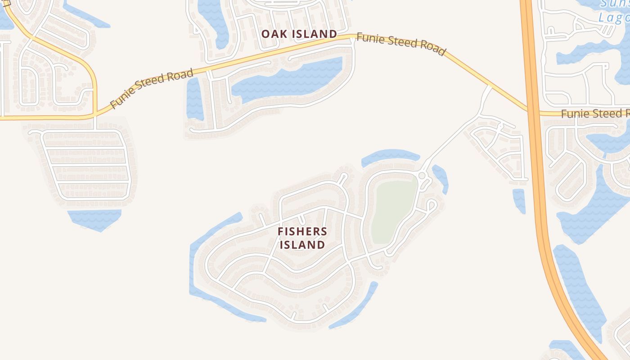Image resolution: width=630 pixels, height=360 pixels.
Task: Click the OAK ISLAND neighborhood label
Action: click(x=299, y=34)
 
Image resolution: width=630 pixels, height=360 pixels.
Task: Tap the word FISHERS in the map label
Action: click(x=302, y=232)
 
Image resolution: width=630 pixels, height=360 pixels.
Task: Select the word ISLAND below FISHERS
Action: click(x=302, y=245)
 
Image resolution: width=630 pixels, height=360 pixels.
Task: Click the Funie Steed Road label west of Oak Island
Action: click(x=152, y=88)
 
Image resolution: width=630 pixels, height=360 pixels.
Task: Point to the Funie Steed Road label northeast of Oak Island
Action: click(x=400, y=44)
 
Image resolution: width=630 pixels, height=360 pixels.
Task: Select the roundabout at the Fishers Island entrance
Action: click(x=422, y=175)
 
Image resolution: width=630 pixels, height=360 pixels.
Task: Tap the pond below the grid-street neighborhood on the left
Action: click(x=94, y=219)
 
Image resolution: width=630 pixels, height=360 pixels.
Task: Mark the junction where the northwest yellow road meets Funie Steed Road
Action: click(x=94, y=115)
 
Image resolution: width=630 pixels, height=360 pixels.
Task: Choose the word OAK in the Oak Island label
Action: click(x=272, y=34)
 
